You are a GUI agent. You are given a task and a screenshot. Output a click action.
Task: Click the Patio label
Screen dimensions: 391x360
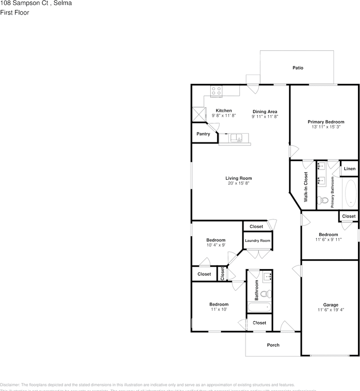coord(298,68)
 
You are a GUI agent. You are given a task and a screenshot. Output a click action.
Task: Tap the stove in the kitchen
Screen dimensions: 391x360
coord(216,91)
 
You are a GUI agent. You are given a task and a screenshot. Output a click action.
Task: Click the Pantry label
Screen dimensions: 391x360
coord(203,134)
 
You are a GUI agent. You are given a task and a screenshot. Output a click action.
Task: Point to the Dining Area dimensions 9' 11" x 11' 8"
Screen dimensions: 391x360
coord(264,117)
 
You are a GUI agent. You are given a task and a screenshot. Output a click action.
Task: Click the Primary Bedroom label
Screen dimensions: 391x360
coord(325,122)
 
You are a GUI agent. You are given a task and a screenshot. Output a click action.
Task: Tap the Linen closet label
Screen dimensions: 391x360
coord(349,169)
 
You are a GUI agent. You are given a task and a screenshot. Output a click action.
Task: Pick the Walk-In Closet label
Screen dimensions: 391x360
coord(305,187)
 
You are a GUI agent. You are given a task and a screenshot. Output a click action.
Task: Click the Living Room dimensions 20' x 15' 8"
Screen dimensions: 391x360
coord(238,183)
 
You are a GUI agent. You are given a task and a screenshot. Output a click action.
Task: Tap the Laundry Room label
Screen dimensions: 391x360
coord(257,241)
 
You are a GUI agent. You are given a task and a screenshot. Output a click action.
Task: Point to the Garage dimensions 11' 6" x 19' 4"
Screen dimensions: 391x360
coord(330,310)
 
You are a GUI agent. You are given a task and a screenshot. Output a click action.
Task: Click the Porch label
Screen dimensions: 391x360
coord(273,345)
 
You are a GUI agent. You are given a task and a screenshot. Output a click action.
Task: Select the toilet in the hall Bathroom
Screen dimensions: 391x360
coord(266,294)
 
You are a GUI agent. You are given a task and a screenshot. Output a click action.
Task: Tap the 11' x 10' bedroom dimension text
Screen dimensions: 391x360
coord(218,310)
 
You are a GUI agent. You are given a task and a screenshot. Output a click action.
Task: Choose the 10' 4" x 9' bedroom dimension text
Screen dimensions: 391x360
coord(216,245)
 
